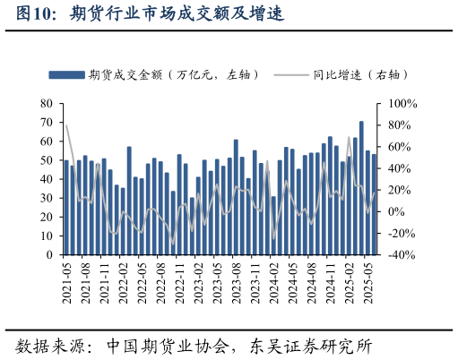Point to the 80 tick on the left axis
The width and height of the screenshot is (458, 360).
tap(47, 104)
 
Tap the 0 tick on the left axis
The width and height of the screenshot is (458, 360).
tap(50, 254)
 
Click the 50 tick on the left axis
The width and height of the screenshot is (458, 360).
tap(47, 160)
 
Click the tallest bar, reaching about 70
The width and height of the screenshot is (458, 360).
tap(361, 188)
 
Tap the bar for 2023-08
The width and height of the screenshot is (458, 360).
tap(236, 197)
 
